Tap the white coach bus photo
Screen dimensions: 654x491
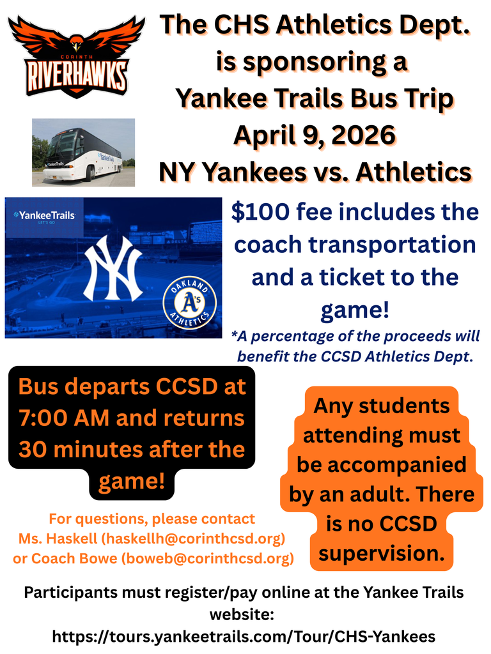point(83,152)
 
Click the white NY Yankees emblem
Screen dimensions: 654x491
point(113,268)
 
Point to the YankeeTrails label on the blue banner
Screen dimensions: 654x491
point(43,216)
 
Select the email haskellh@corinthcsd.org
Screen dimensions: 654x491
point(193,538)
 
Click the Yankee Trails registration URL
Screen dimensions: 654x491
point(244,636)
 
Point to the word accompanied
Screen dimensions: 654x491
point(381,464)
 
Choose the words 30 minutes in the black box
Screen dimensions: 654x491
point(72,449)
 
